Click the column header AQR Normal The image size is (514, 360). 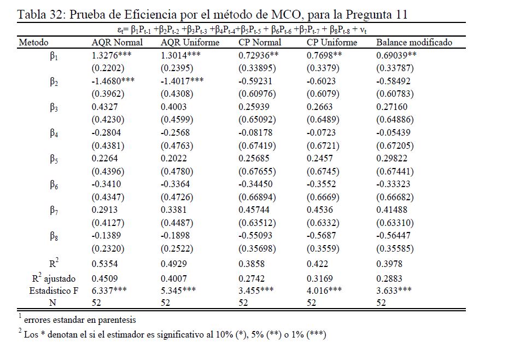click(117, 43)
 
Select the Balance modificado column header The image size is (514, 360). click(414, 43)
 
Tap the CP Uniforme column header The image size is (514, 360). click(332, 43)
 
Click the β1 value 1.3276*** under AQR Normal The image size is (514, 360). click(112, 55)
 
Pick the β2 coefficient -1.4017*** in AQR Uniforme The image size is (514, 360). click(182, 80)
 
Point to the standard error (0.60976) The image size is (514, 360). click(258, 94)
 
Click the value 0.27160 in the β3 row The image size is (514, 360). click(392, 107)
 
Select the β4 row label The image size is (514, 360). click(54, 133)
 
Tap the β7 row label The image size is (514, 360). click(54, 210)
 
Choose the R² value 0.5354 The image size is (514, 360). click(104, 264)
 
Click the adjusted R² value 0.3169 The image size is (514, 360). click(320, 278)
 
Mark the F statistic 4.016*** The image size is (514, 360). click(324, 290)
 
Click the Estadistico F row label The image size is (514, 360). click(54, 291)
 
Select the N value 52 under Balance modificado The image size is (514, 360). click(381, 303)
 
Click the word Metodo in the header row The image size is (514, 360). click(33, 43)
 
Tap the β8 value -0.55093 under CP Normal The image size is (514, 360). click(255, 235)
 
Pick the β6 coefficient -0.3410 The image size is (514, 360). click(106, 184)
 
